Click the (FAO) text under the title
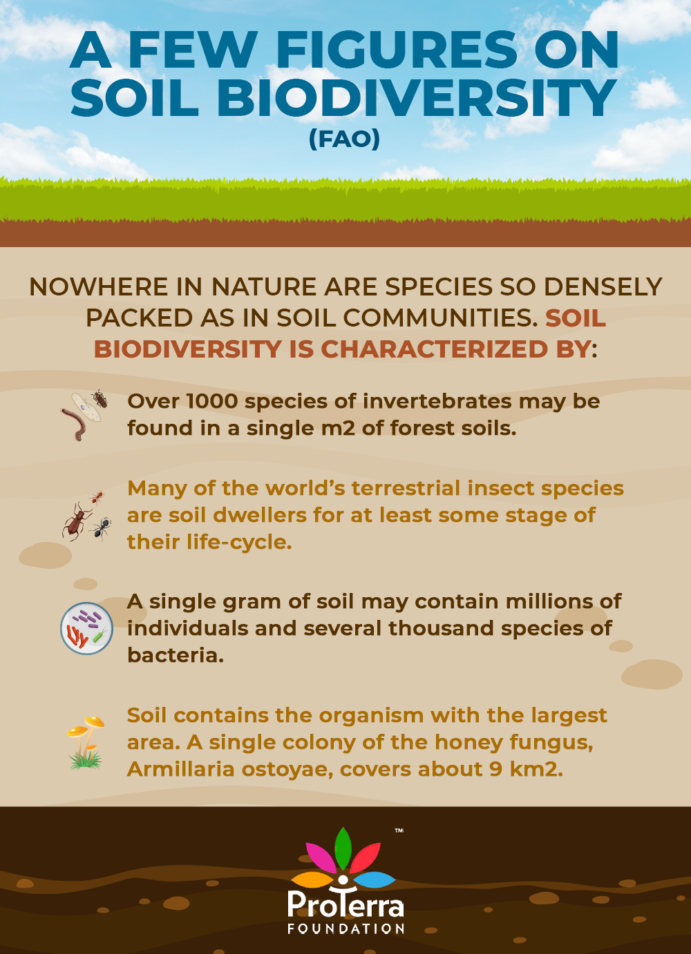pyautogui.click(x=344, y=139)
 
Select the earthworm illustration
pyautogui.click(x=74, y=424)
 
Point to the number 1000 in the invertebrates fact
pyautogui.click(x=212, y=401)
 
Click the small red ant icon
pyautogui.click(x=97, y=497)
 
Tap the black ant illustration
pyautogui.click(x=102, y=529)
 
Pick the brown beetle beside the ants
pyautogui.click(x=77, y=521)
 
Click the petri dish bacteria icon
pyautogui.click(x=86, y=628)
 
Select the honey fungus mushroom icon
pyautogui.click(x=86, y=742)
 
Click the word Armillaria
pyautogui.click(x=181, y=769)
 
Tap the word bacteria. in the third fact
pyautogui.click(x=176, y=655)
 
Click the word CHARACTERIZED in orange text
pyautogui.click(x=434, y=349)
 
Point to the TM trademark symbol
pyautogui.click(x=399, y=830)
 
